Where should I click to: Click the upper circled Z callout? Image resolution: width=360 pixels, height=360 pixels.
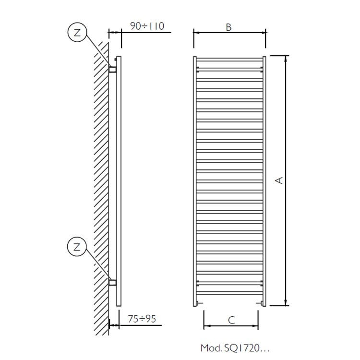point(76,33)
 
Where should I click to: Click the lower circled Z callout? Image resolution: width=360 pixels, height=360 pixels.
point(76,247)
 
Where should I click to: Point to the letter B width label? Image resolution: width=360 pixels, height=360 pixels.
point(229,27)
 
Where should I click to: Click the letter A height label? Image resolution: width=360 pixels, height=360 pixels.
point(278,180)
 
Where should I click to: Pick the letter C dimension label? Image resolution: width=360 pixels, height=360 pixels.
point(231,321)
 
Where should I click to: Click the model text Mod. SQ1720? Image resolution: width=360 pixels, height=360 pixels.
point(231,347)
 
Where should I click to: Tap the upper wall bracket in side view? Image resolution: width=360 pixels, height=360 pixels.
point(113,70)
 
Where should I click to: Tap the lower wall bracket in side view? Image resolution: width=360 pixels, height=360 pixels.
point(113,282)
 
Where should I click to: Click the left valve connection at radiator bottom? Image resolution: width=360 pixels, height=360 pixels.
point(199,303)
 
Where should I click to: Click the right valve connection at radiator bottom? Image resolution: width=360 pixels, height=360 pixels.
point(260,303)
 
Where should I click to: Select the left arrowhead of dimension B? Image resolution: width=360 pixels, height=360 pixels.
point(196,33)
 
